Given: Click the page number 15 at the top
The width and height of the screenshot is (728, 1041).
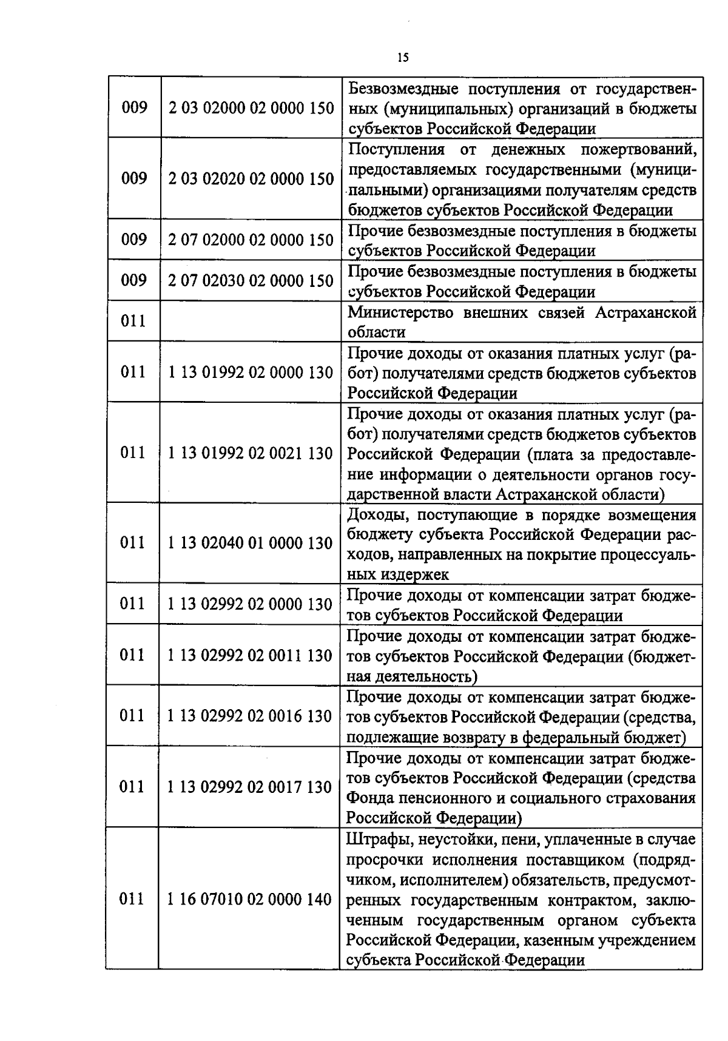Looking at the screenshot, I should [403, 58].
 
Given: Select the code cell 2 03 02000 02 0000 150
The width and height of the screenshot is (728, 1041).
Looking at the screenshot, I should [251, 109].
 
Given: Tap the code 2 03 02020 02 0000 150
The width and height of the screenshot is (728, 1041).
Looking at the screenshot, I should [251, 179].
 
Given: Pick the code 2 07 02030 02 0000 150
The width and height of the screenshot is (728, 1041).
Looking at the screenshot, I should [251, 281].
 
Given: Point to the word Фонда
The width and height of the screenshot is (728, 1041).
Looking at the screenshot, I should [367, 798].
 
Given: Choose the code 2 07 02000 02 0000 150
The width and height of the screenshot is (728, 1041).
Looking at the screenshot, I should [251, 240].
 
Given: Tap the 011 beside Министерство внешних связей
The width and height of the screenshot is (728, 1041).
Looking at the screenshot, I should [133, 321].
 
